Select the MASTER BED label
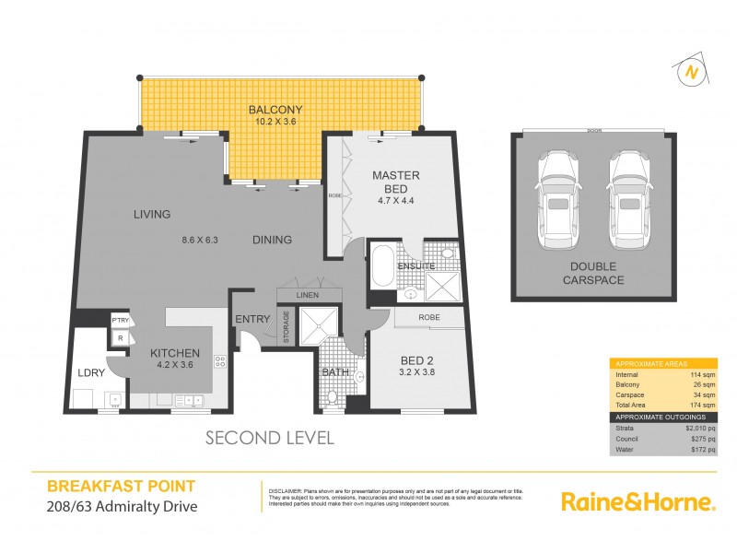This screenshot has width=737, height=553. point(396,181)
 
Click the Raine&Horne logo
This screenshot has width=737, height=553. point(638,502)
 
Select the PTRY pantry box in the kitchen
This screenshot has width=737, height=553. point(120,320)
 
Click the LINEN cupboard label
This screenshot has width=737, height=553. point(307,294)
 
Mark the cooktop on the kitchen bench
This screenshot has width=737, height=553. point(219,362)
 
